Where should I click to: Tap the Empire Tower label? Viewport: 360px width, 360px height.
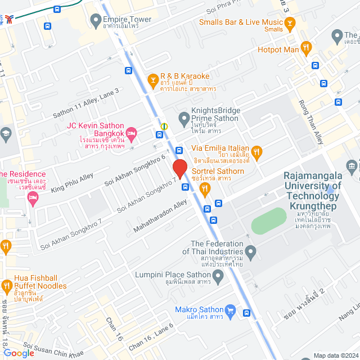coord(127,20)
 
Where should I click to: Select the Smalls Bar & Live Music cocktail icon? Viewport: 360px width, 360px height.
coord(290,23)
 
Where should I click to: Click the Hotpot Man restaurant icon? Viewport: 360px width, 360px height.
coord(306,48)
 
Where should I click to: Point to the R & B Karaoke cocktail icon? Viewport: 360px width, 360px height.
coord(152,80)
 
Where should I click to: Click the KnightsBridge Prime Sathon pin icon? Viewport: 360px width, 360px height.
coord(183,118)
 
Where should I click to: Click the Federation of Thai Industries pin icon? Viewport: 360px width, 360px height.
coord(251,251)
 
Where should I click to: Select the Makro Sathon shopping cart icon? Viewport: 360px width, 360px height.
coord(229,309)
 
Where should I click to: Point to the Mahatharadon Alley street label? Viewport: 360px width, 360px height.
coord(160,216)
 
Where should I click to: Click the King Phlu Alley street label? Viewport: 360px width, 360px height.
coord(72,184)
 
